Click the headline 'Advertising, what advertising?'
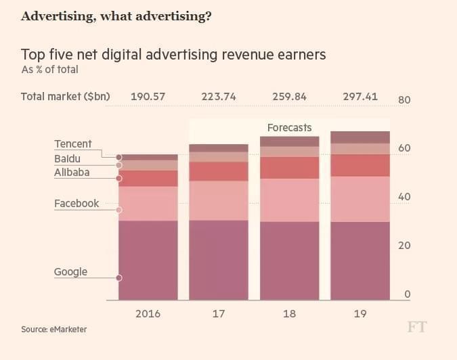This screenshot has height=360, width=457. pos(116,16)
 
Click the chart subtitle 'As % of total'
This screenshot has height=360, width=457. pos(49,69)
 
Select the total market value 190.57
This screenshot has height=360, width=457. pos(148,96)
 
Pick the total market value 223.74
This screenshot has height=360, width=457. pos(219,96)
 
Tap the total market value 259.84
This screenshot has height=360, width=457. pos(289,96)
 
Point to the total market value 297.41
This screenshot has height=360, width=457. pos(360,96)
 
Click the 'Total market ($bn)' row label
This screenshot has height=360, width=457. pos(65,96)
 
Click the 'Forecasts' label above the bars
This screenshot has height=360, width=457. pos(289,127)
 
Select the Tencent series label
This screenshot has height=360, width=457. pos(73,144)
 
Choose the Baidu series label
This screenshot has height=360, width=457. pos(68,158)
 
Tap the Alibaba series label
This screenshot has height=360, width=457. pos(72,173)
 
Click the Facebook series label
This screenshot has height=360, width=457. pos(77,203)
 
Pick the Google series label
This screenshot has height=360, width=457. pos(71,271)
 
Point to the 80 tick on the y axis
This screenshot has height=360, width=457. pos(404,100)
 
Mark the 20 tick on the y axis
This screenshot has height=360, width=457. pos(404,246)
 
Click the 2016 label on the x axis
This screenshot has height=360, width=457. pos(148,314)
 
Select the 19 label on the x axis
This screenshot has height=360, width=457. pos(360,314)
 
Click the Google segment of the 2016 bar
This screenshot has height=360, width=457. pos(148,261)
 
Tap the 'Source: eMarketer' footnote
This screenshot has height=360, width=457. pos(53,330)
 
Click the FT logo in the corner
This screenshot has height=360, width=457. pos(417,328)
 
